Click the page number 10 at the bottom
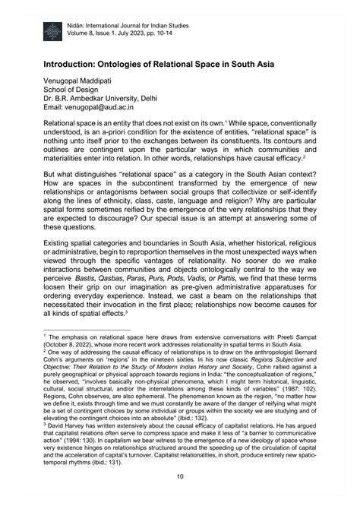(x=180, y=476)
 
